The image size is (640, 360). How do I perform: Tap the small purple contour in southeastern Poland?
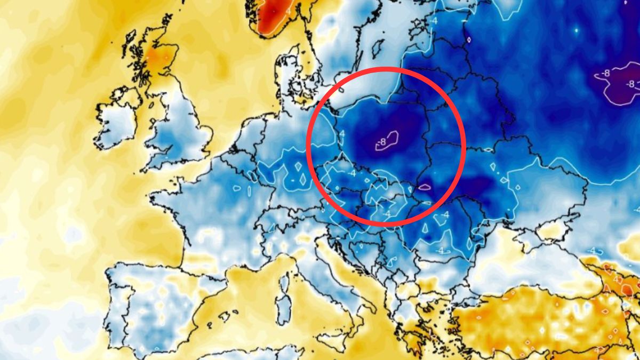tap(425, 187)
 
